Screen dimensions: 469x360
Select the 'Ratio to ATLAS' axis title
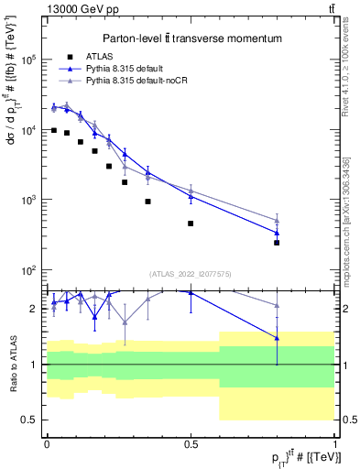(x=12, y=365)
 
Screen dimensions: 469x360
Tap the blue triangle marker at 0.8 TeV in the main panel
(x=277, y=233)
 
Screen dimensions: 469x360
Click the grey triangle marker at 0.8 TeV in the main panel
(x=277, y=220)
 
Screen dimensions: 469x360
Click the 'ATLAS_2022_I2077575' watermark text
(x=190, y=273)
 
